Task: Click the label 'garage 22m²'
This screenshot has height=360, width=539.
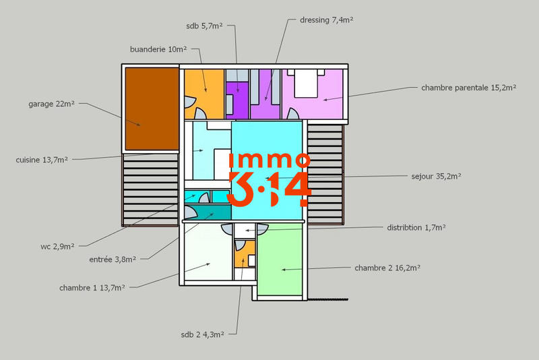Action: [51, 104]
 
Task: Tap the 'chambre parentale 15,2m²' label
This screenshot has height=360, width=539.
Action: [468, 88]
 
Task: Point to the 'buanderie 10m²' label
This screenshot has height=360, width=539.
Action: [158, 49]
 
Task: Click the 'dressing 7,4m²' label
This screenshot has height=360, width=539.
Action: [327, 20]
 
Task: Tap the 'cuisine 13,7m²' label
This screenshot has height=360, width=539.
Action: [42, 160]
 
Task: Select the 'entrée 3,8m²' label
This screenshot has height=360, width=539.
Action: [113, 258]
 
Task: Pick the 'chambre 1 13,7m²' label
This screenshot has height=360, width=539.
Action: [93, 288]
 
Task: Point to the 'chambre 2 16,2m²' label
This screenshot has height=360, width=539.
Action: [387, 268]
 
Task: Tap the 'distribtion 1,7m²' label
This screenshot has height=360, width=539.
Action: [416, 228]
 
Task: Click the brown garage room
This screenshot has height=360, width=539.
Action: [151, 108]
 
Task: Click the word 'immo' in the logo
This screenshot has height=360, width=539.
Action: [269, 160]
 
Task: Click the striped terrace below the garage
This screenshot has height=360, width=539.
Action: [150, 189]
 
